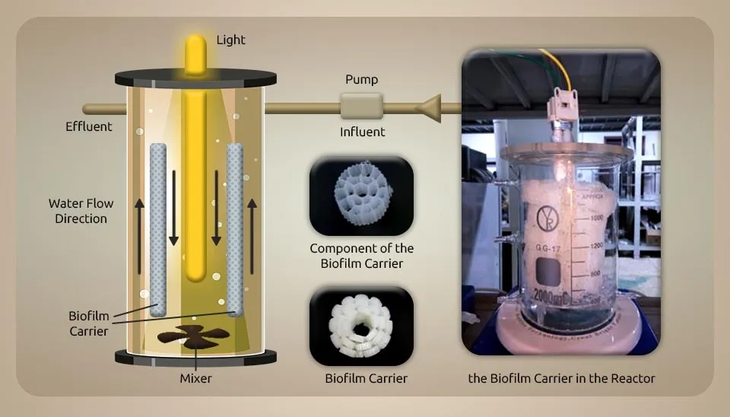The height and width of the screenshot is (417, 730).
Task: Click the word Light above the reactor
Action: point(230,39)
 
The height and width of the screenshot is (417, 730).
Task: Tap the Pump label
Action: point(361,79)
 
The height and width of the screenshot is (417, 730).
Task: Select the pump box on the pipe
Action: point(362,107)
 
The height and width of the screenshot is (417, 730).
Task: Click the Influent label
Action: point(362,132)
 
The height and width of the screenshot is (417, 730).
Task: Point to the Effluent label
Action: point(88,126)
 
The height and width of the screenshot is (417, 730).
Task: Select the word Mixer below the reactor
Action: point(195,377)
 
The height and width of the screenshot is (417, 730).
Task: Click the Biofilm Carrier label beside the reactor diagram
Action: point(88,323)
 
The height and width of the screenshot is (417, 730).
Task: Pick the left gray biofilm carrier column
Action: point(157,228)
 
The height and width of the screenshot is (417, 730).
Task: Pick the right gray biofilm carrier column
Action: point(235,228)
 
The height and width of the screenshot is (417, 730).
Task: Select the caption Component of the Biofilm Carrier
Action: point(361,256)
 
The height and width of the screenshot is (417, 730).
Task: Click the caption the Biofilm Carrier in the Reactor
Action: point(562,377)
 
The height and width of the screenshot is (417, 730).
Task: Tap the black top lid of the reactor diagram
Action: point(195,77)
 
